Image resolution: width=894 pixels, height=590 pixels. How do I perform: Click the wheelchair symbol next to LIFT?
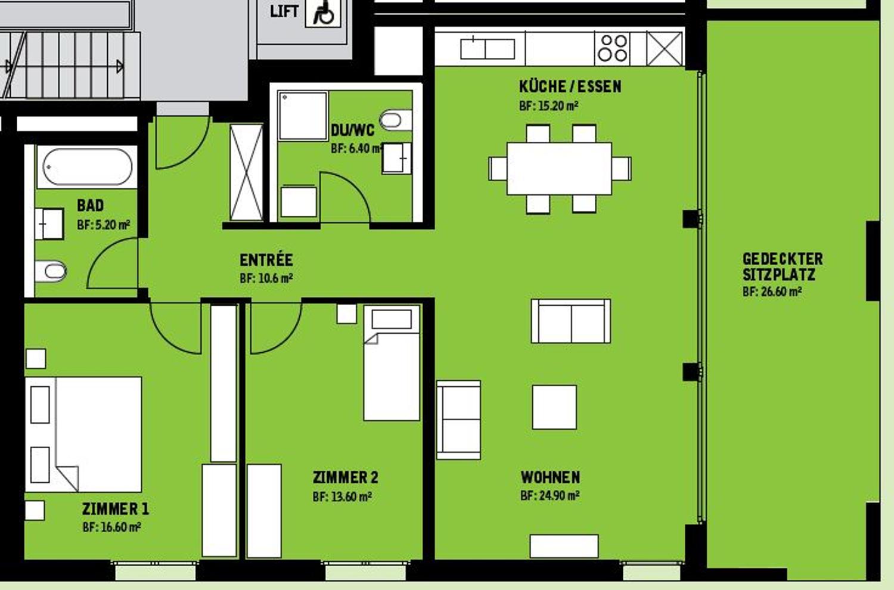click(324, 13)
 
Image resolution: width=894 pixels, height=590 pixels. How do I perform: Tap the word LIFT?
click(284, 11)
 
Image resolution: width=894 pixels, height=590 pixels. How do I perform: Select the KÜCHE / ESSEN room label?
click(570, 87)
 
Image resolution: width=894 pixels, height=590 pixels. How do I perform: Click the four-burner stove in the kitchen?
click(613, 48)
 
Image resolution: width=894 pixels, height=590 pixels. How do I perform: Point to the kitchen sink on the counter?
click(487, 48)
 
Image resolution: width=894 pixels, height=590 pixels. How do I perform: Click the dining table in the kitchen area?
click(559, 168)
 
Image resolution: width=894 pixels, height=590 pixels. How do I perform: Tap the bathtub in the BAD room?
click(87, 167)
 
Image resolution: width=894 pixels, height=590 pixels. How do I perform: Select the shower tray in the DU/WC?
click(303, 116)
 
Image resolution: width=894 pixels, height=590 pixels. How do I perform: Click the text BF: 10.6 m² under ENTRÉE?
click(266, 278)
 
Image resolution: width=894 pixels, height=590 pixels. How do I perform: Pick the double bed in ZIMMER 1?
click(84, 434)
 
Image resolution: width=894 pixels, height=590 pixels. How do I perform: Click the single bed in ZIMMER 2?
click(392, 364)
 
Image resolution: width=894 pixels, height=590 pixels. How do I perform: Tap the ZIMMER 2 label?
click(345, 477)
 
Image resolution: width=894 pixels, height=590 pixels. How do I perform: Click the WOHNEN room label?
click(550, 477)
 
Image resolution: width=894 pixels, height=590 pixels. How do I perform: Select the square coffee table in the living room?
click(554, 407)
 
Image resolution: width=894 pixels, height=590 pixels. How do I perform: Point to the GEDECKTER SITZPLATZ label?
click(782, 266)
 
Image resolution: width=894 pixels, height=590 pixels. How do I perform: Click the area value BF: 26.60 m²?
click(772, 292)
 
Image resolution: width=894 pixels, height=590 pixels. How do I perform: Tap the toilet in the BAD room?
click(51, 272)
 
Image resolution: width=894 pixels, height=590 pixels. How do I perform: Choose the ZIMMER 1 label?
click(115, 509)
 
